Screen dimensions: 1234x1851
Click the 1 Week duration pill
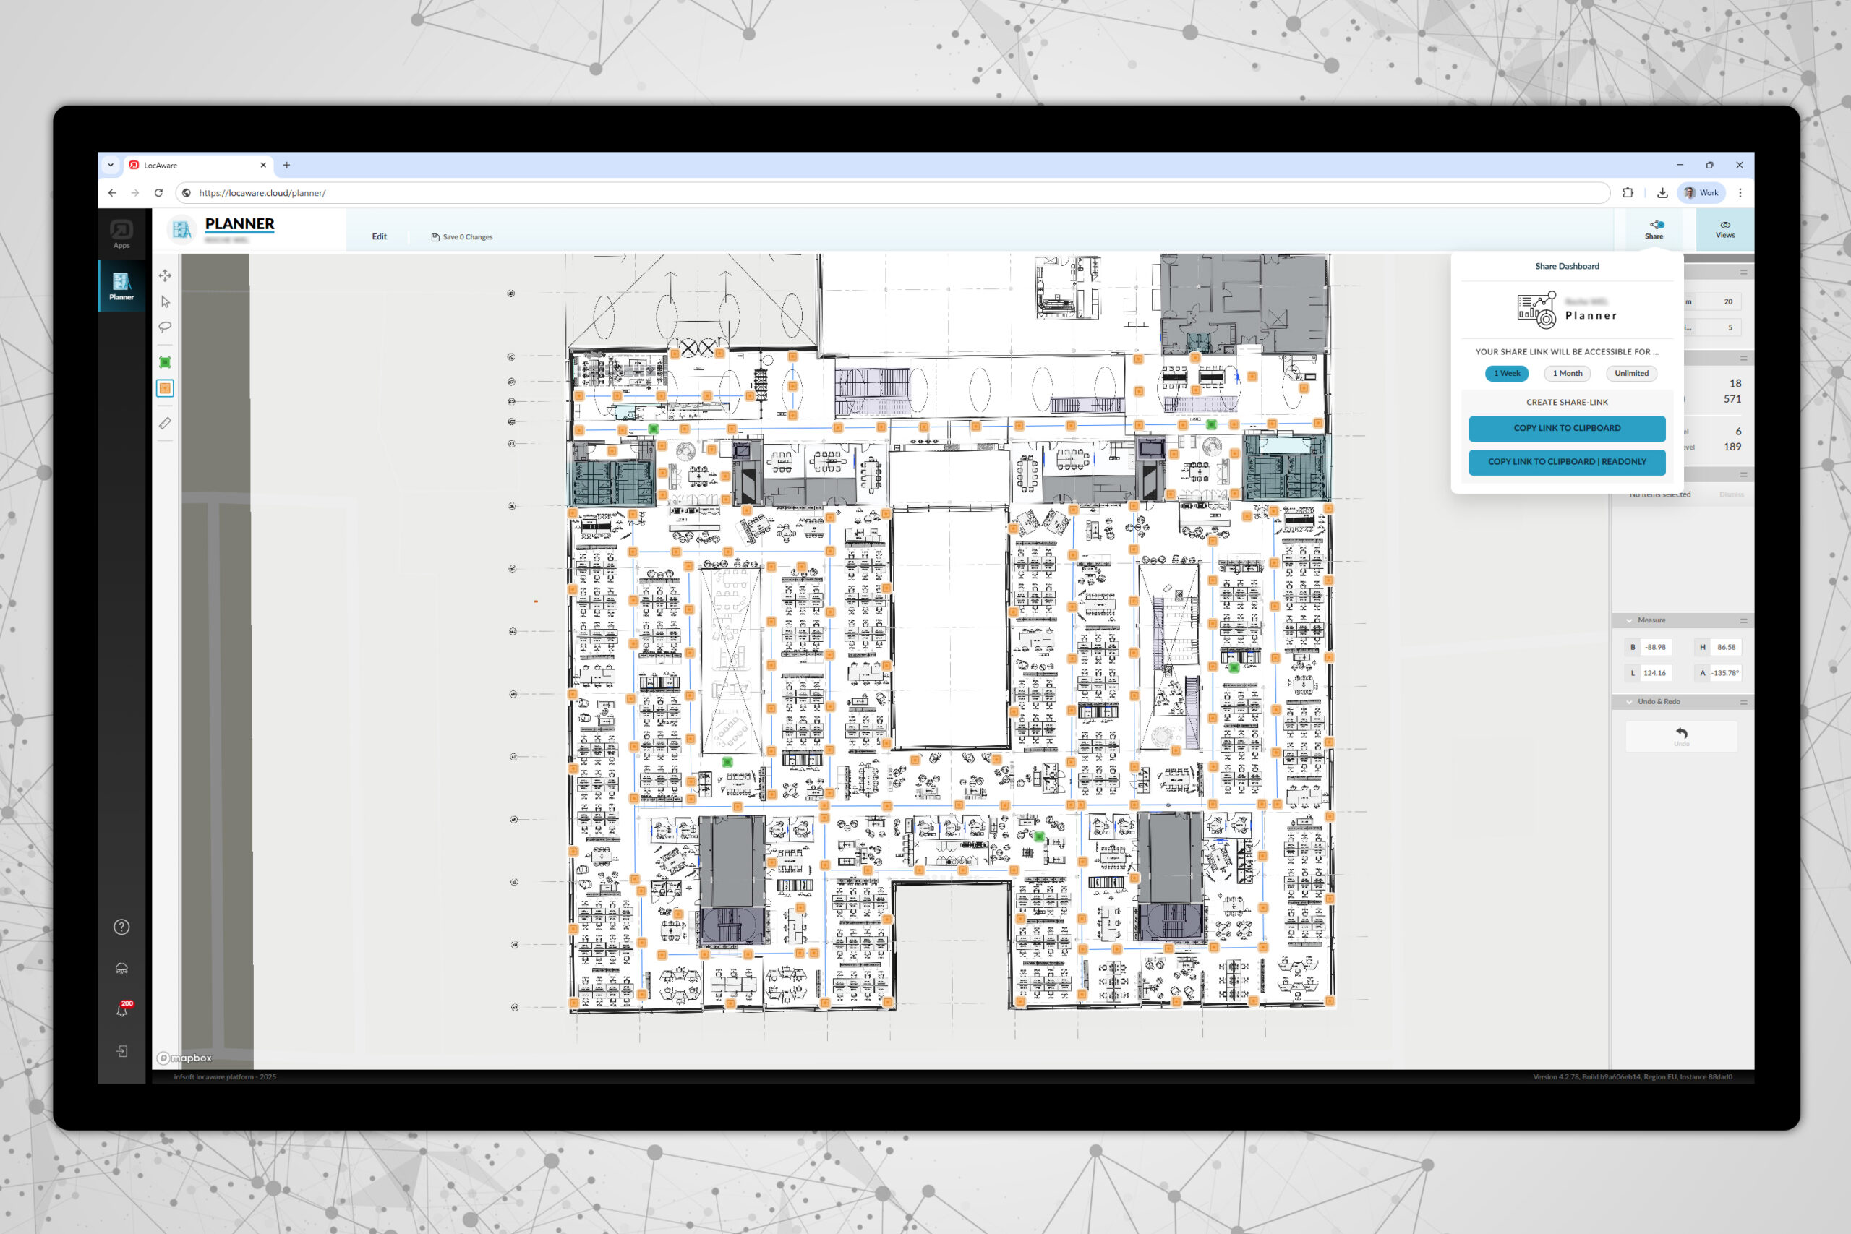1506,374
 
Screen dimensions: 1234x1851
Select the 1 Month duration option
1567,374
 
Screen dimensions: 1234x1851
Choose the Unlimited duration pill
1630,374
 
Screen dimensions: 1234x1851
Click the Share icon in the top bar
1654,229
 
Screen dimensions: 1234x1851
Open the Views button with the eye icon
1724,229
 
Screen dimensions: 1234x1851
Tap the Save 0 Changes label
462,237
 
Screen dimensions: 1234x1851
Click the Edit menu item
380,237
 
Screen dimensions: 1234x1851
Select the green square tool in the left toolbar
166,363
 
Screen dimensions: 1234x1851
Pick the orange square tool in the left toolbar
166,389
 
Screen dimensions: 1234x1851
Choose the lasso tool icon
166,327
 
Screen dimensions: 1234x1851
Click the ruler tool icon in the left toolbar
166,424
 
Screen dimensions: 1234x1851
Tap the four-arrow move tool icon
166,276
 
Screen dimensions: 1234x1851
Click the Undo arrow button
1681,735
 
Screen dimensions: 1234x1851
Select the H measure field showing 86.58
1725,648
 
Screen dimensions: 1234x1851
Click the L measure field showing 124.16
1654,674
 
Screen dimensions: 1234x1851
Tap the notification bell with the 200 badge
122,1011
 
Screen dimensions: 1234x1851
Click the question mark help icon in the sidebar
122,927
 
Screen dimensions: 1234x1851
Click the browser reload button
159,193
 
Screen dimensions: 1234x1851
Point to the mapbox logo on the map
185,1058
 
